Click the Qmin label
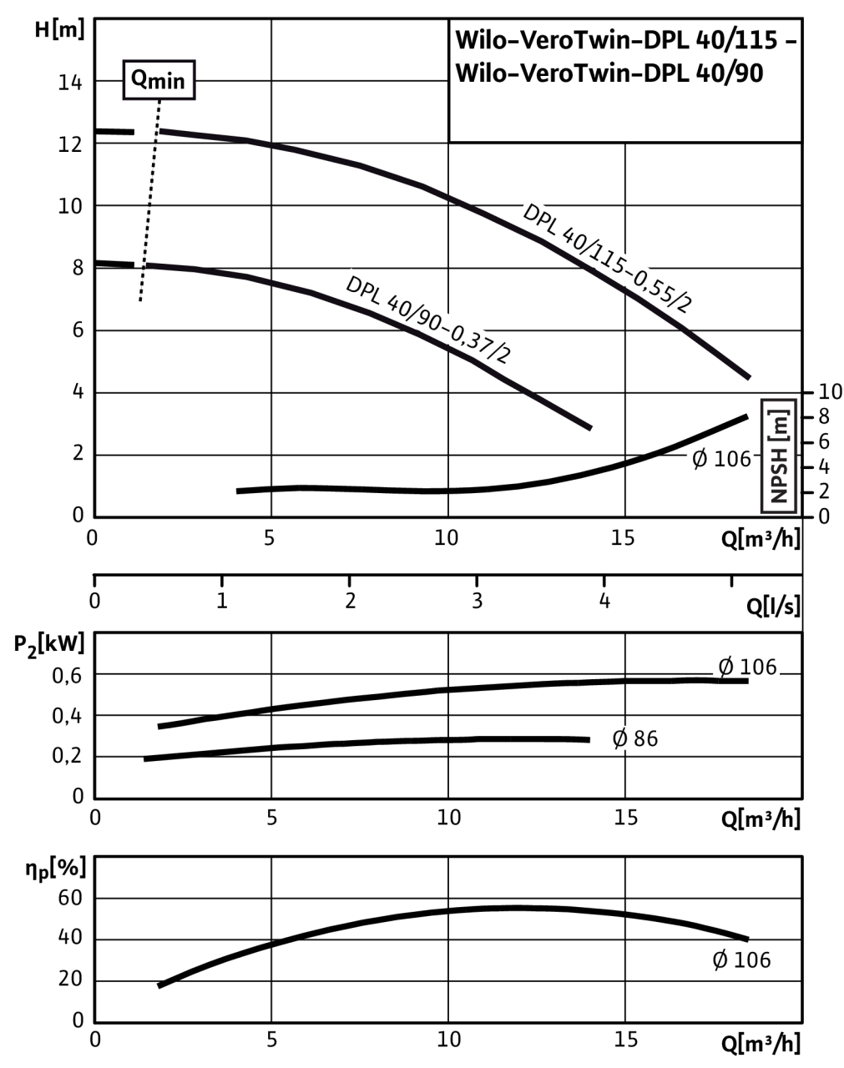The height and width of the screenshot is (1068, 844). tap(159, 82)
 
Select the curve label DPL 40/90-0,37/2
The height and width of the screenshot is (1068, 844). tap(427, 320)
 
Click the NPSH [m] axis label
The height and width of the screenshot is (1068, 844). tap(780, 455)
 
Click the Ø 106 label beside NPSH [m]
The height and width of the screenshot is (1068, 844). tap(720, 458)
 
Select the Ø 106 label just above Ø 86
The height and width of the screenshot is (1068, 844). tap(747, 667)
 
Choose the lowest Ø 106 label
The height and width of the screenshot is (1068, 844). tap(740, 960)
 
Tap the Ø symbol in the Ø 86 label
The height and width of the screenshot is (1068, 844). tap(620, 738)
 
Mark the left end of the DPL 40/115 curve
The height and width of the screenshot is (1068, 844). tap(161, 131)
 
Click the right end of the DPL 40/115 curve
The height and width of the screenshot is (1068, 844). tap(750, 377)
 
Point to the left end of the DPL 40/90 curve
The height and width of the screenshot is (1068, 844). tap(148, 265)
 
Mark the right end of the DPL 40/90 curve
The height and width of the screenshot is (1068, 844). tap(590, 429)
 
